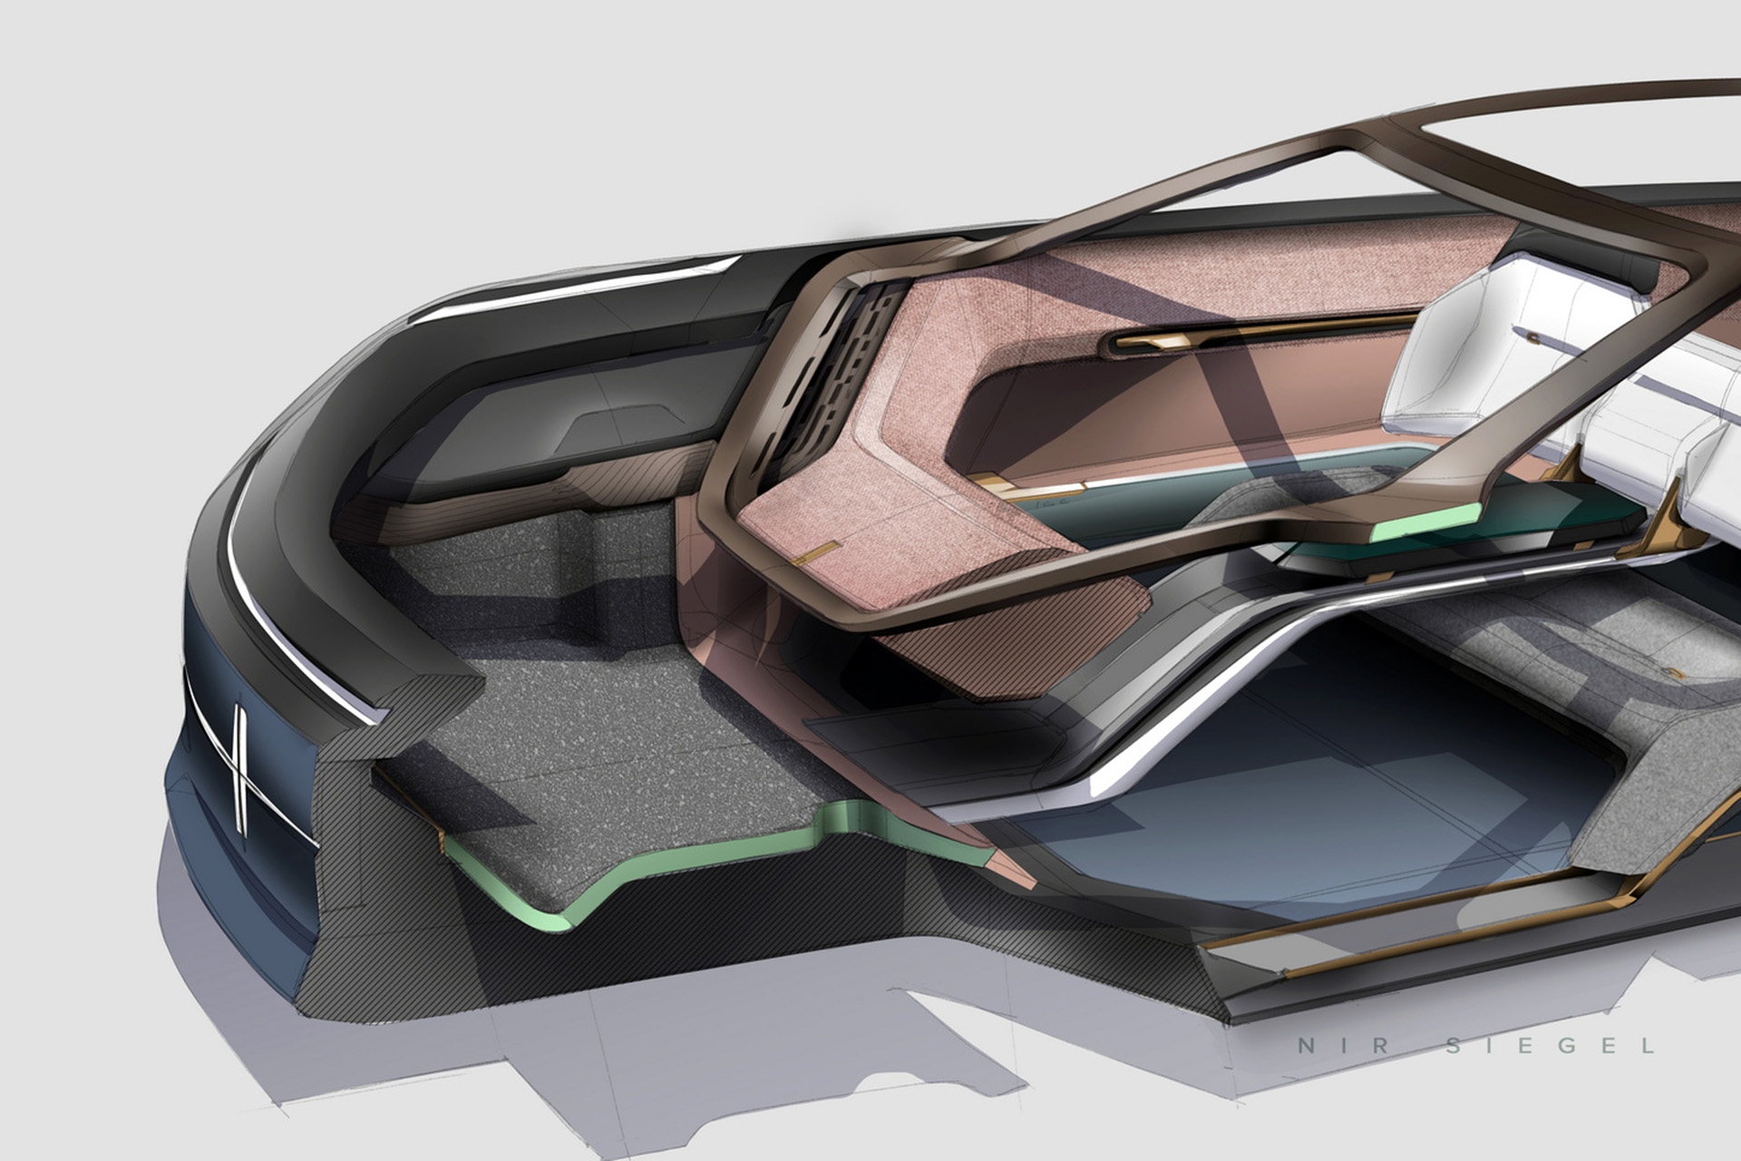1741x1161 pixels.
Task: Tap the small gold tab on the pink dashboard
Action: [815, 552]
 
